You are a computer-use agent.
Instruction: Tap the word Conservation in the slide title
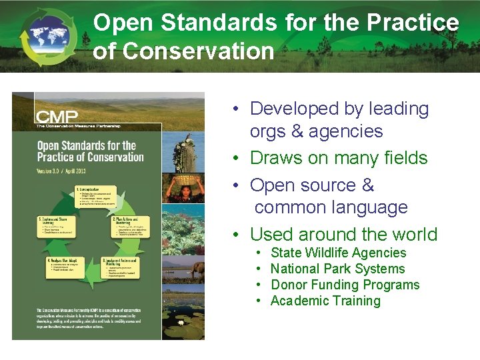[x=183, y=51]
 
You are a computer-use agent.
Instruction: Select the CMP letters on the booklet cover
[x=57, y=117]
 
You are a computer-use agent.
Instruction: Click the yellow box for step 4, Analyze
[x=67, y=269]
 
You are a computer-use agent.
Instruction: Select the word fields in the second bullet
[x=406, y=158]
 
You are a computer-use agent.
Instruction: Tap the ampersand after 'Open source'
[x=367, y=185]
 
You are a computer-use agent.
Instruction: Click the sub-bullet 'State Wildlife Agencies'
[x=338, y=253]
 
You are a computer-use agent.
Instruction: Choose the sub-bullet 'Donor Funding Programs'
[x=345, y=285]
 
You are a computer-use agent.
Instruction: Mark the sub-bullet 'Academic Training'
[x=325, y=301]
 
